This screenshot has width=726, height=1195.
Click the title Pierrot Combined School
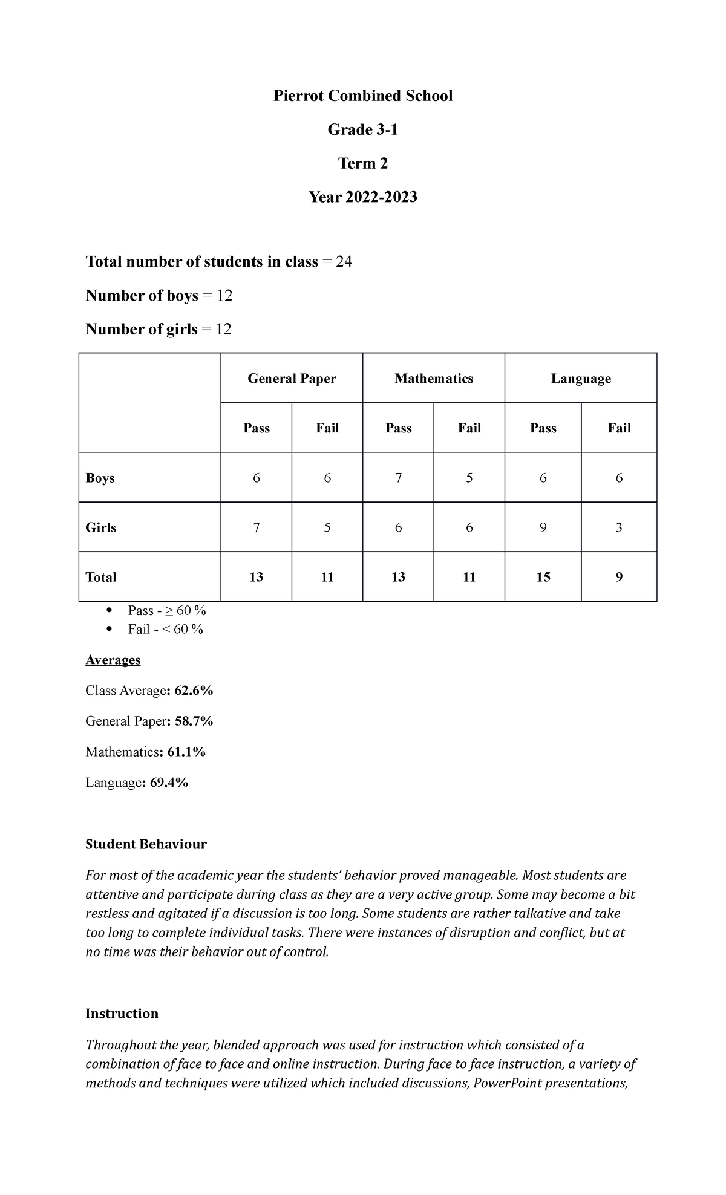[362, 96]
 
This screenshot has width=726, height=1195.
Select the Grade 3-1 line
[362, 130]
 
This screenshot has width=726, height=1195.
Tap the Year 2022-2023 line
[362, 197]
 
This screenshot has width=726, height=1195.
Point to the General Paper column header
[292, 379]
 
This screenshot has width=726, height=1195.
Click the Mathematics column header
[434, 379]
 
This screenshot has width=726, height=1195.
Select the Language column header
[581, 379]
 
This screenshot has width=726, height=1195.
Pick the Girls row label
[101, 527]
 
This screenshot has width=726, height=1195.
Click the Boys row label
[100, 478]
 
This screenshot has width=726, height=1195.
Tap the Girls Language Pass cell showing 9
[543, 527]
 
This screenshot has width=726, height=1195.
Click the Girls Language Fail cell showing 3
[619, 527]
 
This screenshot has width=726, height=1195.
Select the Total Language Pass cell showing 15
[543, 577]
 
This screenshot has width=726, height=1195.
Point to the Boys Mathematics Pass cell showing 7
[398, 478]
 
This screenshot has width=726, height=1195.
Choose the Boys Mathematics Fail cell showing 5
[469, 478]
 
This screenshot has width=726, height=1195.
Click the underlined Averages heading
[113, 660]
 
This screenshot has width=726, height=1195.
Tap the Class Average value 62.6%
[194, 691]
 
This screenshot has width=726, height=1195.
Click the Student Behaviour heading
[146, 844]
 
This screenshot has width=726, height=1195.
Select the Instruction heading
[122, 1014]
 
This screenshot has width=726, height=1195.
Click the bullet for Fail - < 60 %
[109, 629]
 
